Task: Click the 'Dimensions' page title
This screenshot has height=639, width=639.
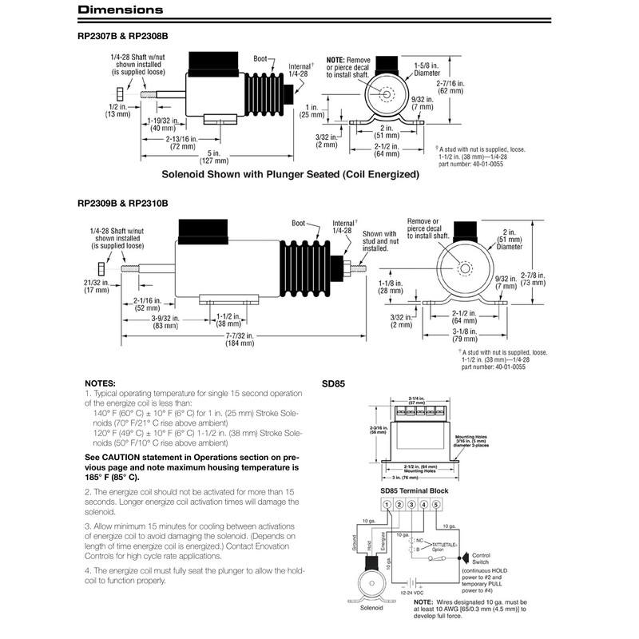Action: click(121, 10)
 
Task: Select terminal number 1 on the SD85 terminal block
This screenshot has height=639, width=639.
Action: click(387, 504)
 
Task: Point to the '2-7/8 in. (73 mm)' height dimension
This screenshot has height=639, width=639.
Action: click(533, 277)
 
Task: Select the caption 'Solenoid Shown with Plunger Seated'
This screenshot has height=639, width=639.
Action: click(291, 173)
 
